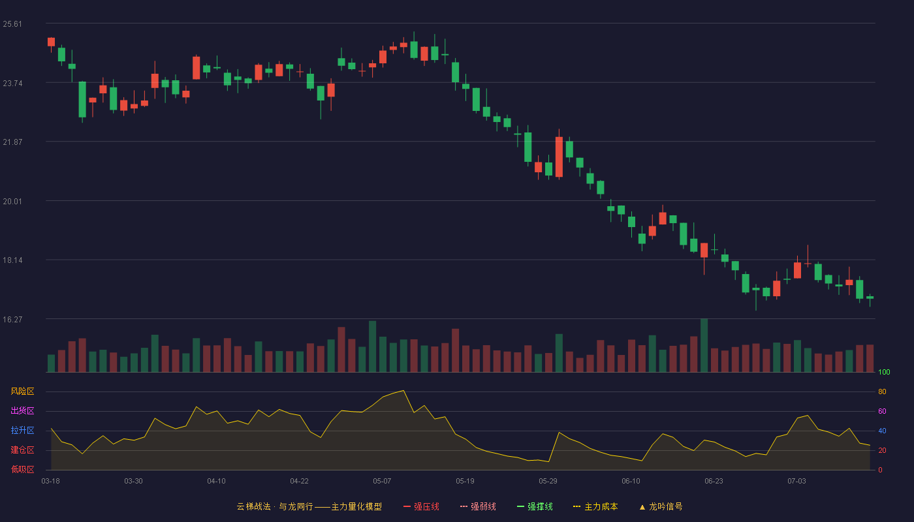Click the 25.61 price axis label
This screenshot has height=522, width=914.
tap(12, 24)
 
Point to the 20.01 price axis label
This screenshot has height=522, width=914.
tap(12, 202)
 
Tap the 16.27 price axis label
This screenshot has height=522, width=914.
tap(12, 319)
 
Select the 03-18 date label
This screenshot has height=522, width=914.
tap(51, 482)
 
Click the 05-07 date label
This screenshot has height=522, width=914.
tap(382, 482)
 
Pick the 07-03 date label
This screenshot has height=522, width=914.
tap(796, 482)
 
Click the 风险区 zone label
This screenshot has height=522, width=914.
tap(22, 391)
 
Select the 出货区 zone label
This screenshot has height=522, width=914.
tap(22, 410)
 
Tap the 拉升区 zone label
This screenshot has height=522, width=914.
tap(22, 430)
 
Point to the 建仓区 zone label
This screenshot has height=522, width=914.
tap(22, 450)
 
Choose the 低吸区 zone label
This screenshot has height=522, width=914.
tap(22, 469)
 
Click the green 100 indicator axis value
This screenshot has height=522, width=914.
tap(884, 372)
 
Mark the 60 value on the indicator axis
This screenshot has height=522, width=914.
tap(882, 411)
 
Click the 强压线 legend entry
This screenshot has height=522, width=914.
tap(421, 506)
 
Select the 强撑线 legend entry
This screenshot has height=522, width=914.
tap(535, 506)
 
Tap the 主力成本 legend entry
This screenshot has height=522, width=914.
tap(595, 506)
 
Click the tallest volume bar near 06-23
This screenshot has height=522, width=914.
tap(704, 345)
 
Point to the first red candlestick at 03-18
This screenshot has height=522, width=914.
tap(51, 42)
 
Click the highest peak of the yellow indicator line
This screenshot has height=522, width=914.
tap(403, 391)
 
